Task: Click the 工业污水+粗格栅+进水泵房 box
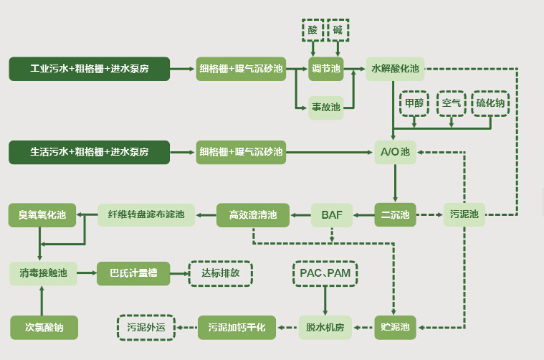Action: pyautogui.click(x=89, y=69)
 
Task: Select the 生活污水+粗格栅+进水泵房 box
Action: pyautogui.click(x=89, y=152)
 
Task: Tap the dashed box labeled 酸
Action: pyautogui.click(x=312, y=30)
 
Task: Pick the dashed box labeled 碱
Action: pyautogui.click(x=338, y=30)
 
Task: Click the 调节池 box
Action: pyautogui.click(x=326, y=69)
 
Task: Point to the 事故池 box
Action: pyautogui.click(x=326, y=108)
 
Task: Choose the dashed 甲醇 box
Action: pyautogui.click(x=414, y=103)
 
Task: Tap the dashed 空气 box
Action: pyautogui.click(x=452, y=103)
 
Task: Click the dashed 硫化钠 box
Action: pyautogui.click(x=491, y=103)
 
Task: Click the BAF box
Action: pyautogui.click(x=332, y=214)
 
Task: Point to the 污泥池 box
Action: pyautogui.click(x=464, y=214)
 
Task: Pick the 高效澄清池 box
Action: pyautogui.click(x=253, y=214)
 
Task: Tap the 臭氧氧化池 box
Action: pyautogui.click(x=42, y=214)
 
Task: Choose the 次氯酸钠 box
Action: pyautogui.click(x=44, y=328)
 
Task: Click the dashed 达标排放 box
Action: pyautogui.click(x=220, y=273)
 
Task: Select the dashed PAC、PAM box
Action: pyautogui.click(x=325, y=273)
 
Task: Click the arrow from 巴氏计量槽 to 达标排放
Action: pyautogui.click(x=178, y=273)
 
